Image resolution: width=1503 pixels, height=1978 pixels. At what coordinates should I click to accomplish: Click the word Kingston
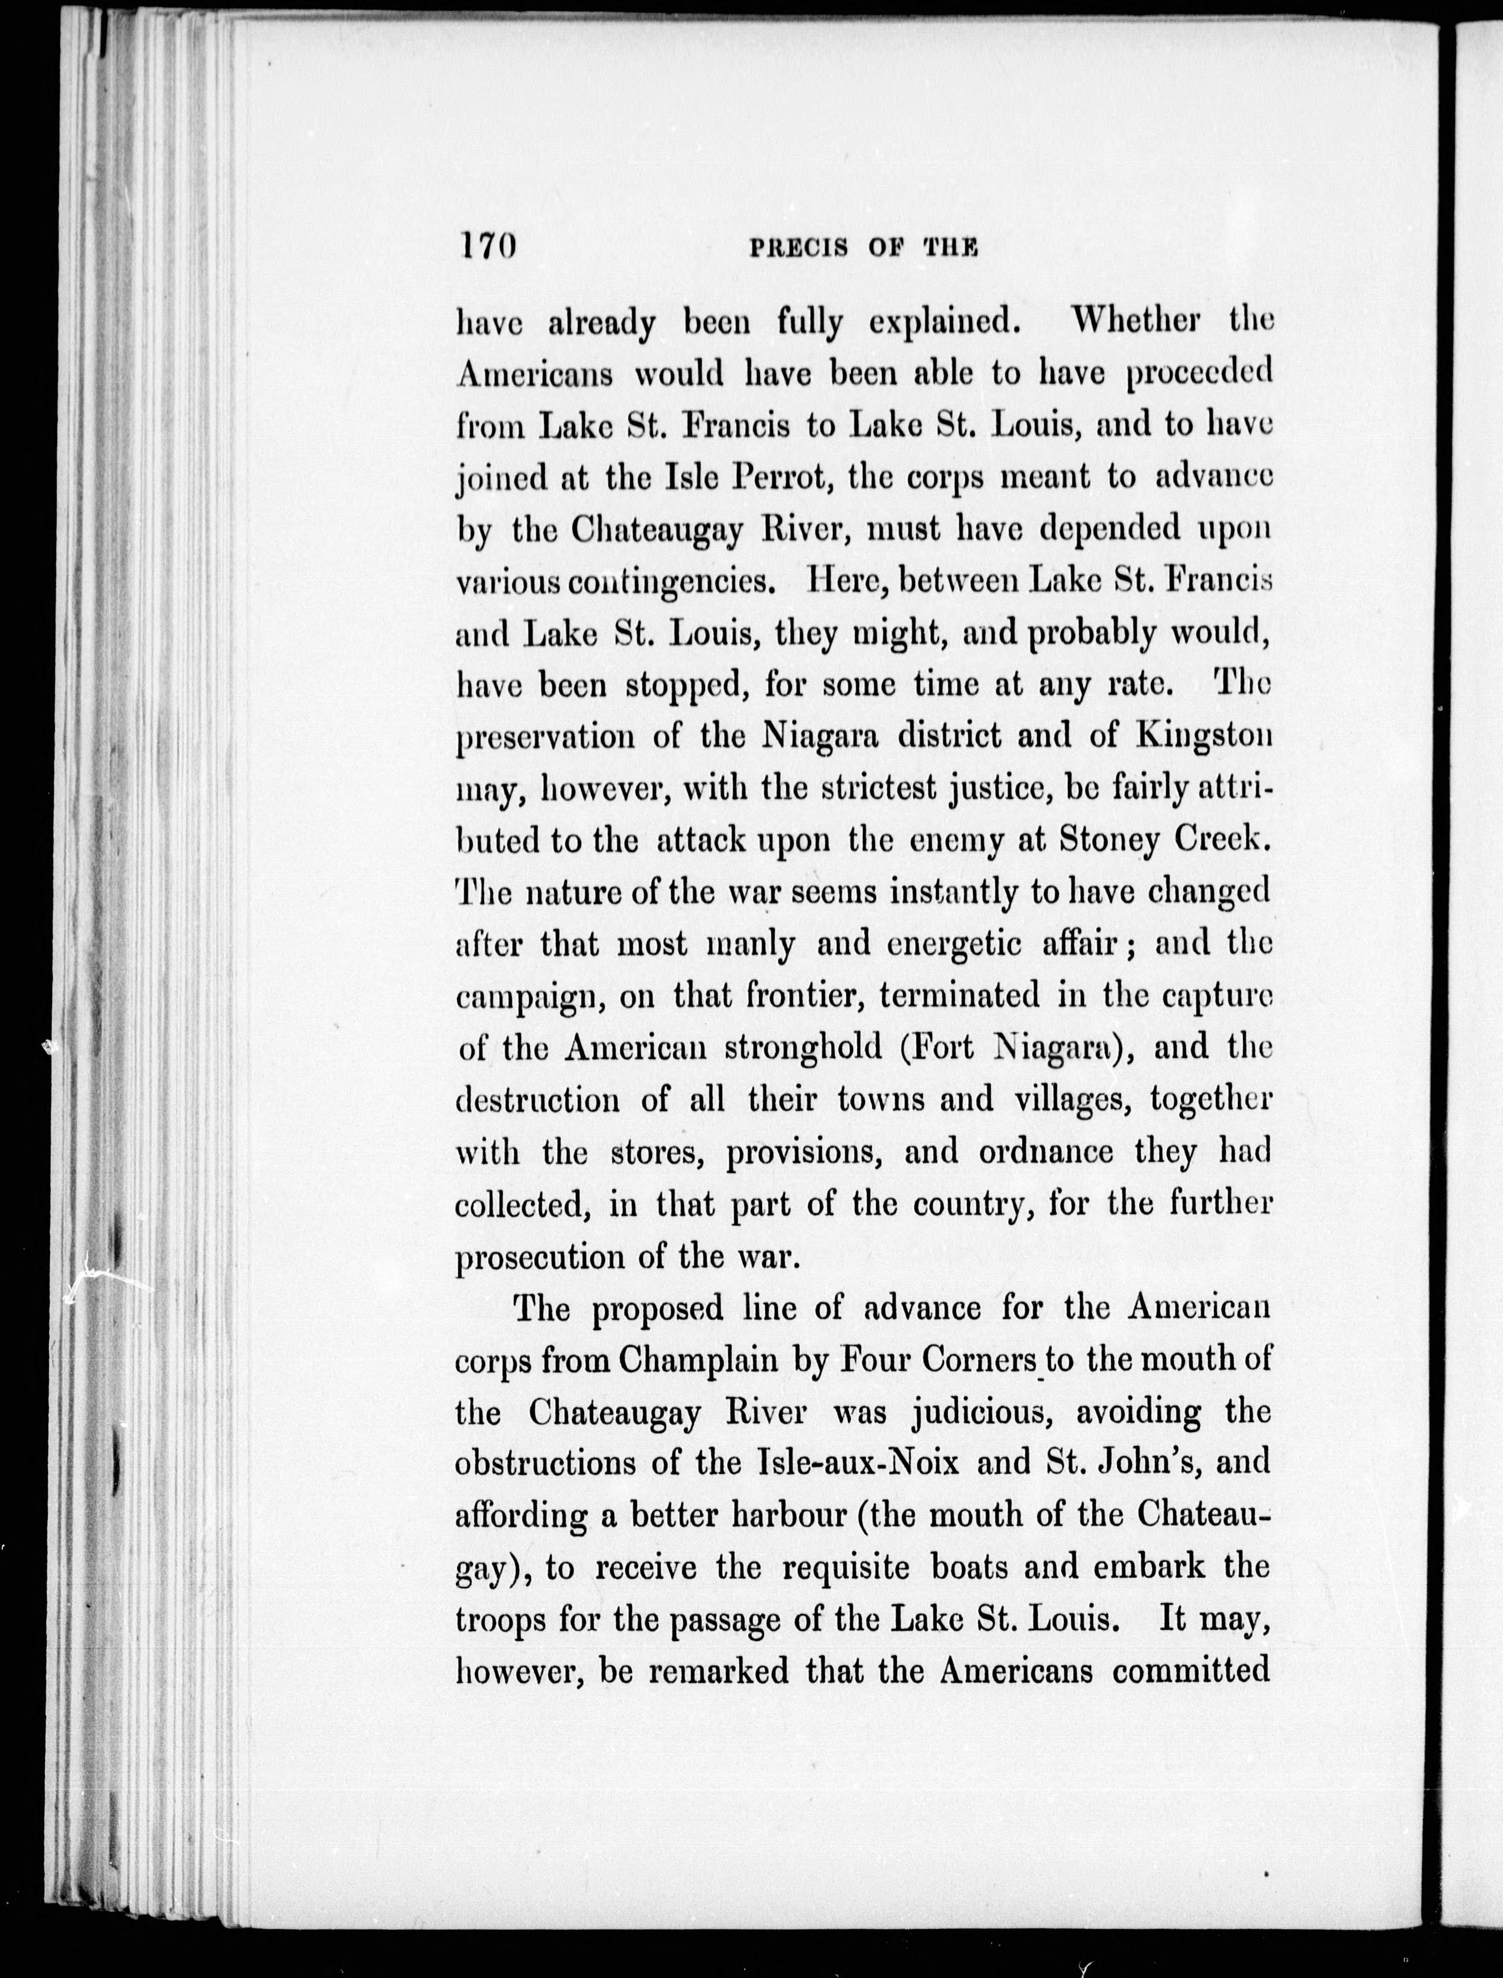coord(1203,737)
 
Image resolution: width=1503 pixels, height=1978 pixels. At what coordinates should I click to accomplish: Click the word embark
coord(1145,1567)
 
